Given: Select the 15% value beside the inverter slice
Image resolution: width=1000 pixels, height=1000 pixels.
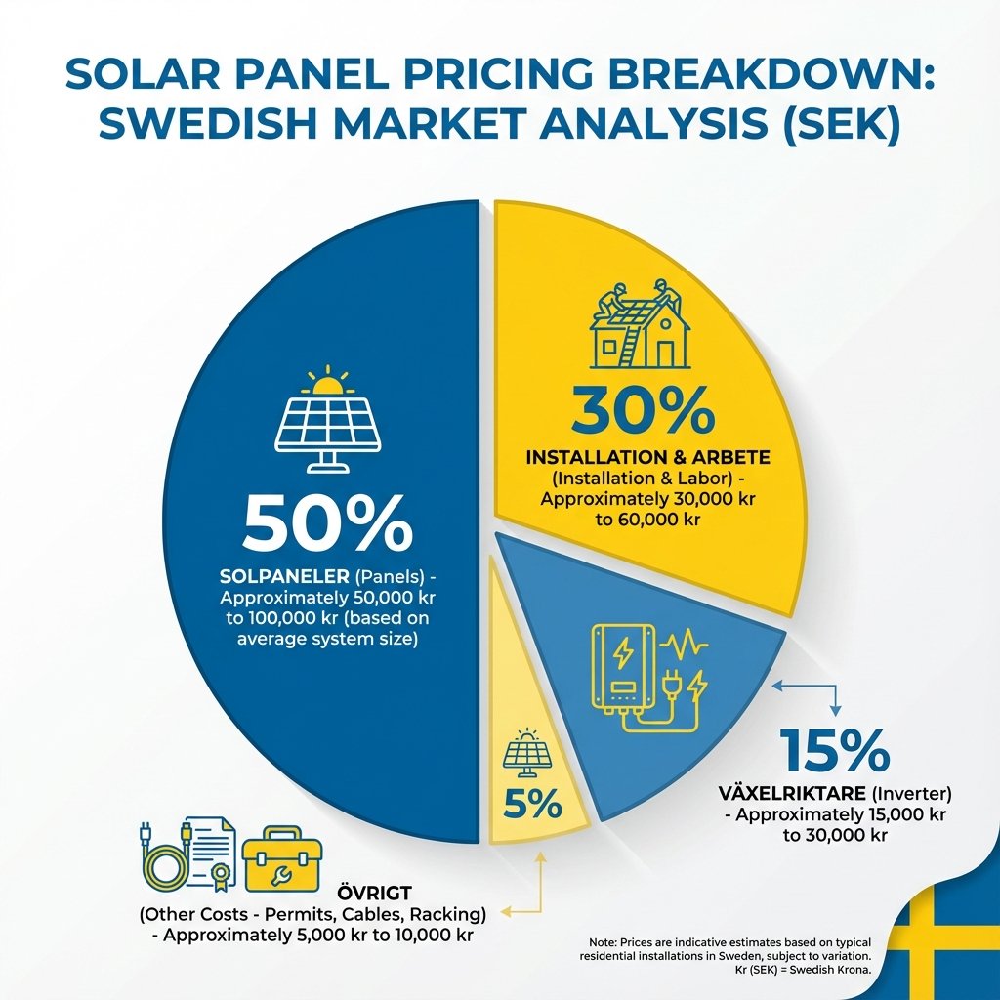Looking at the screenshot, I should click(835, 751).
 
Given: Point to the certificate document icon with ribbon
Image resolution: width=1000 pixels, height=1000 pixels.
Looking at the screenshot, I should click(213, 850).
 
